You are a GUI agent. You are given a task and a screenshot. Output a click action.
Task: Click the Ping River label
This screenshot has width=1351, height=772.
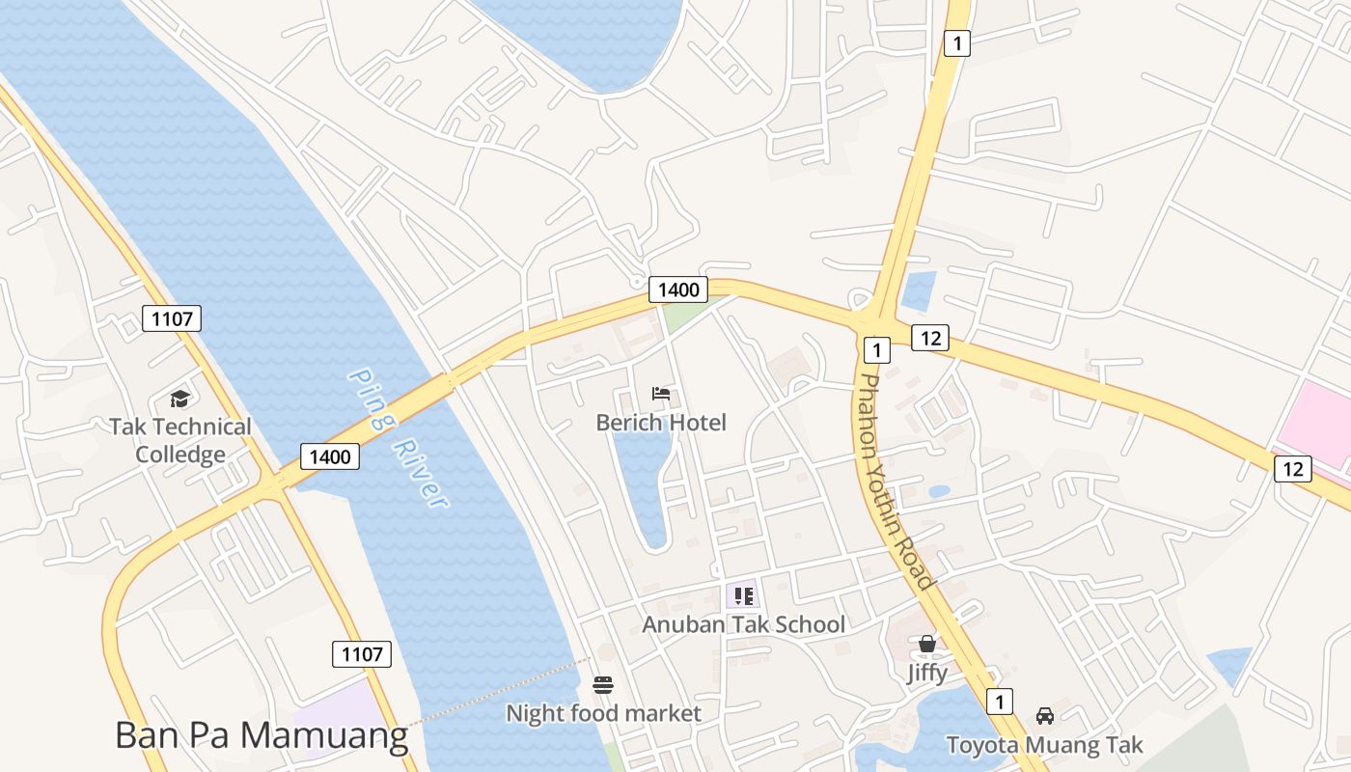[x=398, y=437]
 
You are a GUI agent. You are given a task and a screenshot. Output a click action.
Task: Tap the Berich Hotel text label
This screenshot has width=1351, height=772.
[x=661, y=423]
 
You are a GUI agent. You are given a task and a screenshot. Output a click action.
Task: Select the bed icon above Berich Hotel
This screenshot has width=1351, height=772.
[x=661, y=394]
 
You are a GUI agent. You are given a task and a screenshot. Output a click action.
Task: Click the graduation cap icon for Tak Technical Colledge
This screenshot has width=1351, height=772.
[x=179, y=400]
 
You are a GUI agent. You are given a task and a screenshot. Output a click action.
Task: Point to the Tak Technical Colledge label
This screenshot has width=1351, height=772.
[x=179, y=440]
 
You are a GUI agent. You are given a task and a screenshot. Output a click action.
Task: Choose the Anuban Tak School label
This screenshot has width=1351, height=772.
[x=743, y=624]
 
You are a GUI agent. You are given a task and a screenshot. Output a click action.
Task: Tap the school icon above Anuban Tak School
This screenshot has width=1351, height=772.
[x=743, y=596]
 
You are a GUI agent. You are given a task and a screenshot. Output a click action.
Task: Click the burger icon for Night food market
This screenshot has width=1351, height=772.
[x=603, y=685]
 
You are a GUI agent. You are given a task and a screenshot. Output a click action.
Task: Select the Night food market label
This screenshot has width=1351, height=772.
[x=603, y=714]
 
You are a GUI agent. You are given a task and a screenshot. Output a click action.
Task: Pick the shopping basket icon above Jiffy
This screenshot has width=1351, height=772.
[x=927, y=644]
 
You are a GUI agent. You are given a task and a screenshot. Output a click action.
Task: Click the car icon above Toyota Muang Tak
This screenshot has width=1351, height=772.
[x=1044, y=716]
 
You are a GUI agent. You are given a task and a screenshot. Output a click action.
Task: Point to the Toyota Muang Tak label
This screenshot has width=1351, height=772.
[x=1044, y=745]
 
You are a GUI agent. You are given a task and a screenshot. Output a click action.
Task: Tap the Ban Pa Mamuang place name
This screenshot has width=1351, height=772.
[x=262, y=735]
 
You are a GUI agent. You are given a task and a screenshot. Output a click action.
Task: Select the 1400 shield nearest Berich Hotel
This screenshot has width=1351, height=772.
[x=677, y=289]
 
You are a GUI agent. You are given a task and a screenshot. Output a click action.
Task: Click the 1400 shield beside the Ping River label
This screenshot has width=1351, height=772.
[x=330, y=456]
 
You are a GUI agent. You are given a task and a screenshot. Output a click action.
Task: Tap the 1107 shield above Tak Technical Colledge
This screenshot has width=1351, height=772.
[x=172, y=317]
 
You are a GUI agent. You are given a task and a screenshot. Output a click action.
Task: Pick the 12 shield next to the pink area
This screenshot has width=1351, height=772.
[x=1293, y=469]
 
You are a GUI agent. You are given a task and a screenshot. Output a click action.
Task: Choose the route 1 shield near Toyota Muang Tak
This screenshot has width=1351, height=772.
[x=1000, y=702]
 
